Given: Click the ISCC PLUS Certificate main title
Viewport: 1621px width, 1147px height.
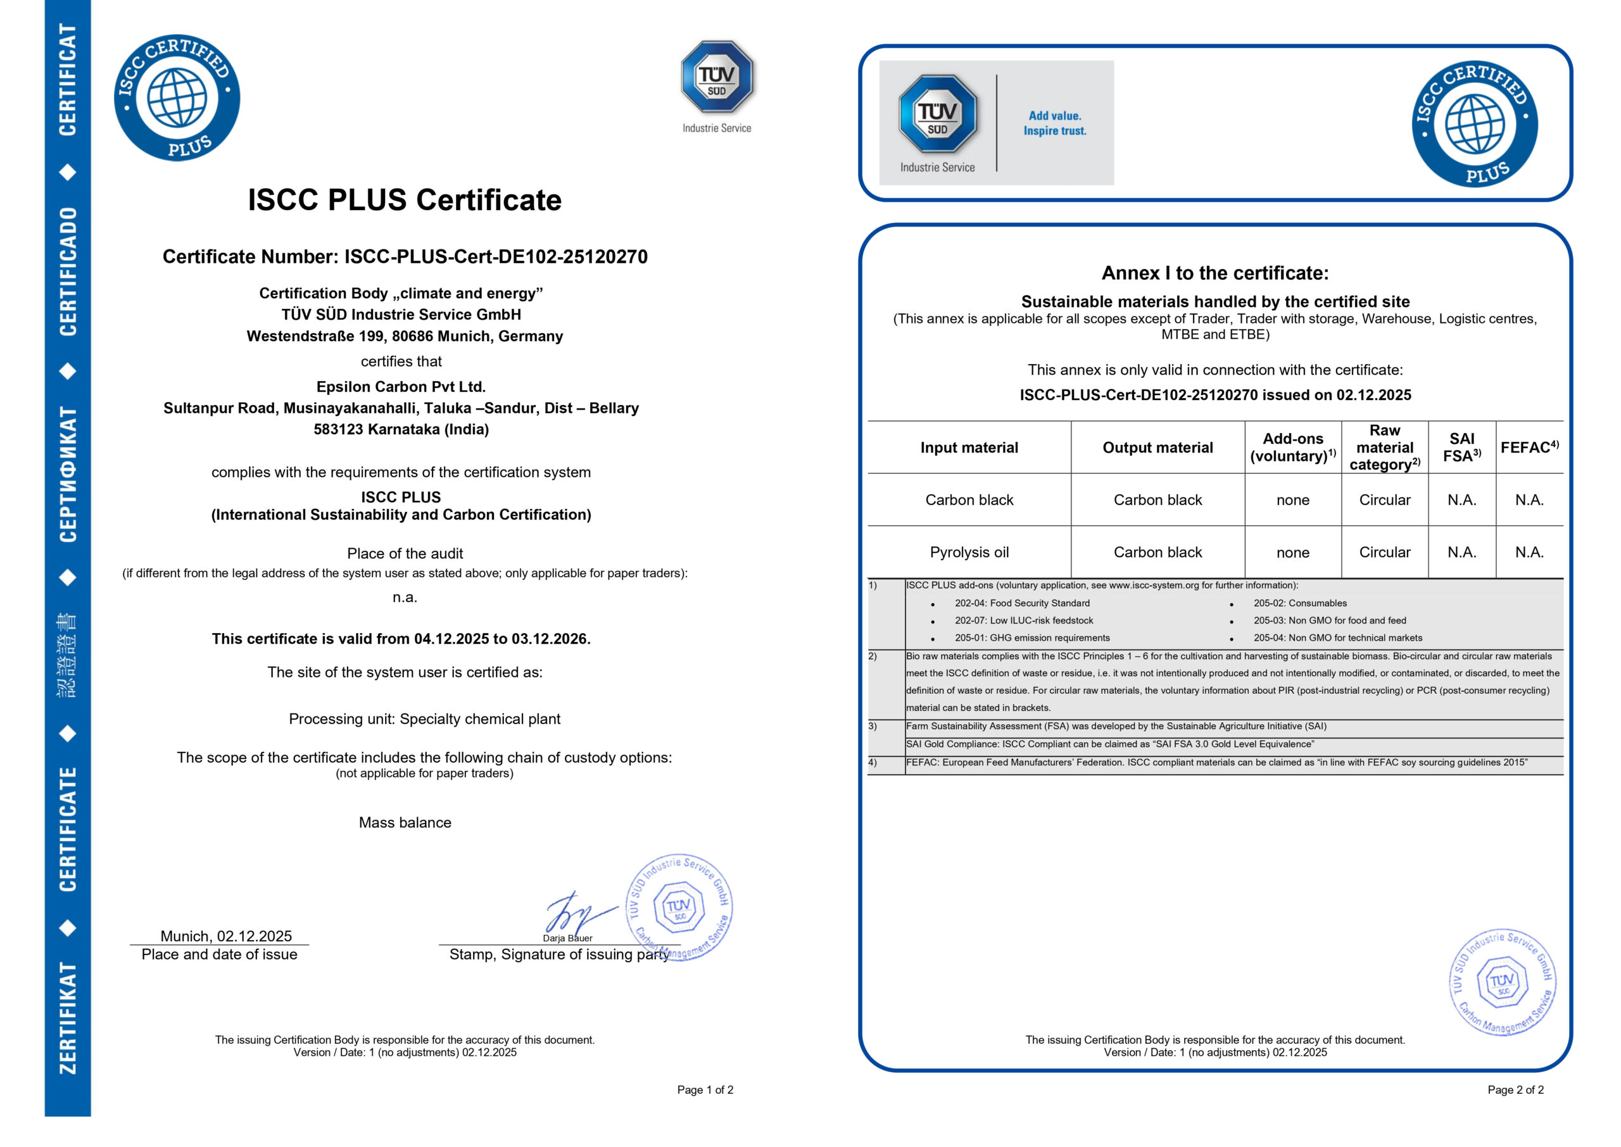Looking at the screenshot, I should pyautogui.click(x=404, y=200).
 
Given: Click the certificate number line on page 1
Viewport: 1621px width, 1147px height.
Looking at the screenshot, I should pyautogui.click(x=405, y=256).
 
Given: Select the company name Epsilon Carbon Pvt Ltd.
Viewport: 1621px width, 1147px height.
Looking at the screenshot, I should pyautogui.click(x=400, y=386).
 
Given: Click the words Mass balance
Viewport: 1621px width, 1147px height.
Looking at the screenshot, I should pyautogui.click(x=405, y=822).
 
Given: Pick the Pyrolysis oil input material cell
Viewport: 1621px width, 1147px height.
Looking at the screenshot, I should pyautogui.click(x=969, y=553).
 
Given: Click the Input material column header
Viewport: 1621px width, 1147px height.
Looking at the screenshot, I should pyautogui.click(x=969, y=447).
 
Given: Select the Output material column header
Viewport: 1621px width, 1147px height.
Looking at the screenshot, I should pyautogui.click(x=1157, y=447).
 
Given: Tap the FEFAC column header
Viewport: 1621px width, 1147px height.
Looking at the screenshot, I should pyautogui.click(x=1529, y=447).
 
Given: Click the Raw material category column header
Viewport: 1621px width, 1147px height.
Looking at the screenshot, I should pyautogui.click(x=1384, y=447).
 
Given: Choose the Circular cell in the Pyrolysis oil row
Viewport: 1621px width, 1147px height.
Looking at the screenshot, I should pyautogui.click(x=1384, y=553).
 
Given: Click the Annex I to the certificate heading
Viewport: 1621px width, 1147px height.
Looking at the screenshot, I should pyautogui.click(x=1215, y=273).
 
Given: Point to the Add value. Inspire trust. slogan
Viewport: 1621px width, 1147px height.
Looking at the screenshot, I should pyautogui.click(x=1054, y=123).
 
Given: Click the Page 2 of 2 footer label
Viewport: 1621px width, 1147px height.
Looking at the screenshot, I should pyautogui.click(x=1515, y=1090).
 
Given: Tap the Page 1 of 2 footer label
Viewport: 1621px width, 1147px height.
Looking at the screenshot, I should pyautogui.click(x=705, y=1090).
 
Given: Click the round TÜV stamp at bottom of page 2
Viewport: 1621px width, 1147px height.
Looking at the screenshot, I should pyautogui.click(x=1503, y=982).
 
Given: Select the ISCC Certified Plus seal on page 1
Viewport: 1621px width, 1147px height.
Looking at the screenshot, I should pyautogui.click(x=177, y=97).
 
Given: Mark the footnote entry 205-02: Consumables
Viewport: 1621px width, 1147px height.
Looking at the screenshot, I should pyautogui.click(x=1299, y=603).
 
